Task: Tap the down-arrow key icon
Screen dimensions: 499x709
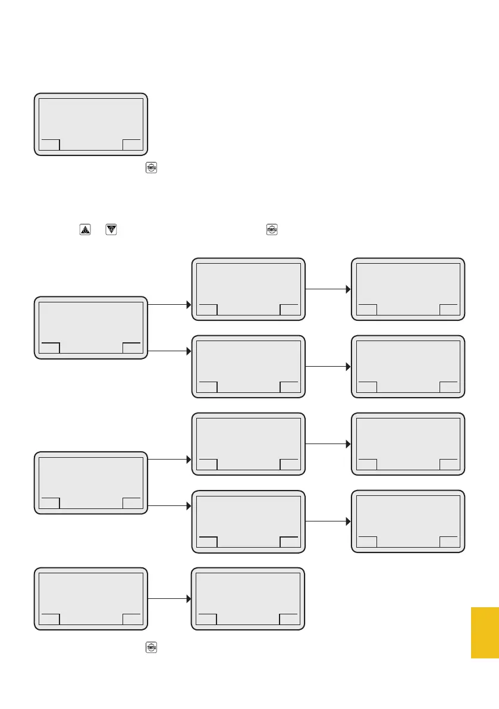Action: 110,229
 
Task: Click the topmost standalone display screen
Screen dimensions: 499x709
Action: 90,124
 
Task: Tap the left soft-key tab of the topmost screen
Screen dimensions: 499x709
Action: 50,145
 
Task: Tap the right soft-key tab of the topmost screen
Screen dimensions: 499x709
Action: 132,145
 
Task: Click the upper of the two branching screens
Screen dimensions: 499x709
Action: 90,327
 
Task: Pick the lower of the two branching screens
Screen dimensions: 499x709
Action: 90,482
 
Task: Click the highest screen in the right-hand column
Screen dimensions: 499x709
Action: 407,289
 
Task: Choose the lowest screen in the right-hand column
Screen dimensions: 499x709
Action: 407,521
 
